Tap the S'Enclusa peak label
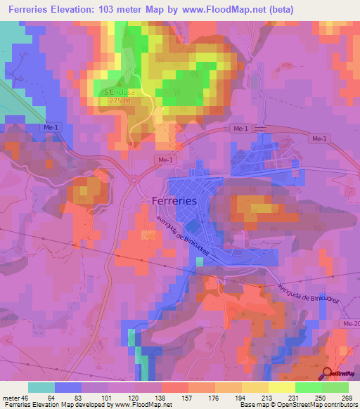(x=120, y=91)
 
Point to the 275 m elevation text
(x=120, y=101)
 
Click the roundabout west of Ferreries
(x=133, y=181)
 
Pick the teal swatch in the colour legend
(x=41, y=387)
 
